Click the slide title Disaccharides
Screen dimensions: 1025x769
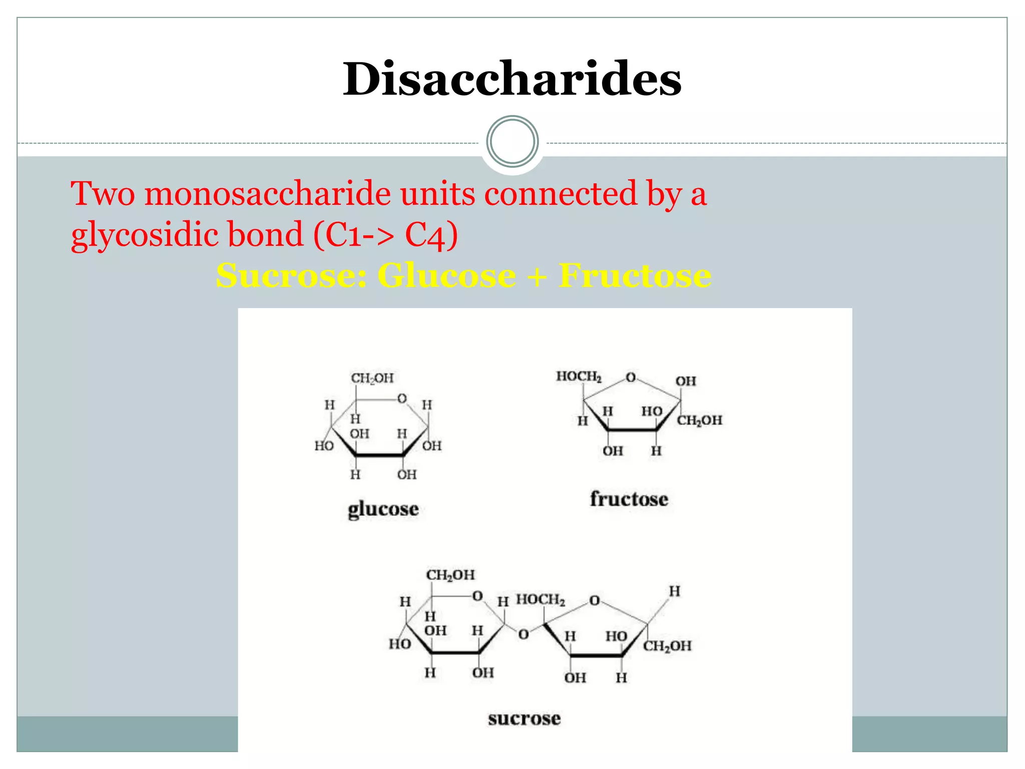(x=512, y=79)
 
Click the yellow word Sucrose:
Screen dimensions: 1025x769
(x=292, y=275)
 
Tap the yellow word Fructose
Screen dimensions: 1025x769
(x=635, y=275)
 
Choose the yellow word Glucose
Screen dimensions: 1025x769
(x=446, y=275)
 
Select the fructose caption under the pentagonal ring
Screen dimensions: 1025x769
(x=629, y=499)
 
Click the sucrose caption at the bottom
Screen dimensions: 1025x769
(x=525, y=718)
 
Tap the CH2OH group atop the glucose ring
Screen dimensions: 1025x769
(x=372, y=378)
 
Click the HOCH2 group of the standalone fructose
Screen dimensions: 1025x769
(x=579, y=376)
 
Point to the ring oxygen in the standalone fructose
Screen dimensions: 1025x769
(x=631, y=377)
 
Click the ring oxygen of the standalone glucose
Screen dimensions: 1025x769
(x=402, y=399)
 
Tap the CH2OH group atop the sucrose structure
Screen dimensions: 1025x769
(x=450, y=575)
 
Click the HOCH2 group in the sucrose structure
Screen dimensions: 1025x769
(x=541, y=600)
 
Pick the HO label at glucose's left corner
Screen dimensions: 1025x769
(x=324, y=446)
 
